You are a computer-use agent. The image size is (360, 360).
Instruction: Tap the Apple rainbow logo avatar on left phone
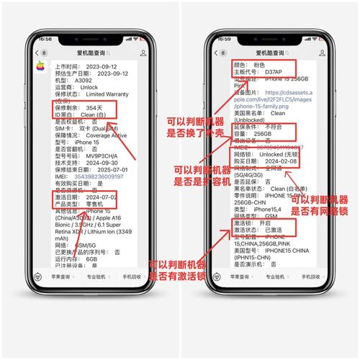click(x=40, y=67)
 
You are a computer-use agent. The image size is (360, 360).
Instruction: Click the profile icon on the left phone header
click(x=143, y=53)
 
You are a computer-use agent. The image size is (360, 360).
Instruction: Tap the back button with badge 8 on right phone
click(x=224, y=53)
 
